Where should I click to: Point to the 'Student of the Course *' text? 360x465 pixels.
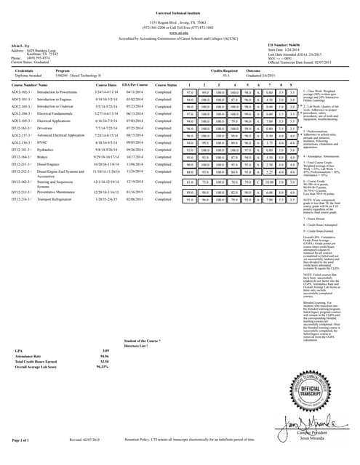coord(143,340)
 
